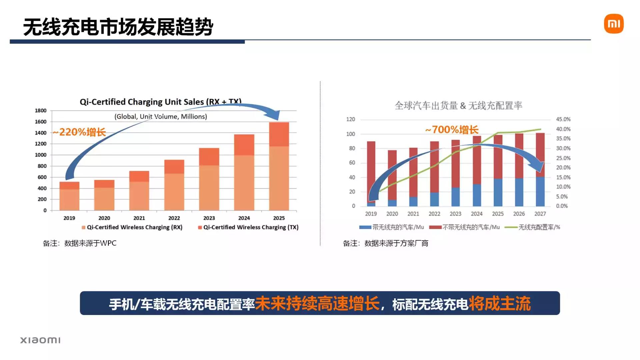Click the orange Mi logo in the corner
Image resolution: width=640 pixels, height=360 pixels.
613,24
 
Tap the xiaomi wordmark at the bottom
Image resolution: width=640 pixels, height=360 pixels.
40,340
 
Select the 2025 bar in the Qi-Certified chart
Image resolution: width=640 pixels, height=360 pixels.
279,167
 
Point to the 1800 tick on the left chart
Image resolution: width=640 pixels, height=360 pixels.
41,111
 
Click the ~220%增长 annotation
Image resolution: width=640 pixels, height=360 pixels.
79,132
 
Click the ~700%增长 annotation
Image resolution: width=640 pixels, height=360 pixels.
452,130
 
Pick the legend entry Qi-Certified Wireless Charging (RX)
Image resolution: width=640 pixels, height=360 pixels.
132,227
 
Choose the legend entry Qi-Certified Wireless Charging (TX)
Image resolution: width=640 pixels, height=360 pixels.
248,227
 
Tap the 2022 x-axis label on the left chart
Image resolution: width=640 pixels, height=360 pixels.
174,218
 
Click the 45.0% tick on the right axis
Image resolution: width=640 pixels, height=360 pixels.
563,119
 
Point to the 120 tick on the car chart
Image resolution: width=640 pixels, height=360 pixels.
351,119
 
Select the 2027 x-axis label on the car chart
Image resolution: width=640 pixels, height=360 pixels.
540,214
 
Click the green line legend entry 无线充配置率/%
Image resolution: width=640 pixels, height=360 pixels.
533,227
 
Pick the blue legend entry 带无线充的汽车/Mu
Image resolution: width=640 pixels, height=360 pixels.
392,227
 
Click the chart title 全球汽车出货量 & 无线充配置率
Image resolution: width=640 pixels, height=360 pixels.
458,106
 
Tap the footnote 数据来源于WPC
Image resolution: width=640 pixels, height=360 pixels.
80,243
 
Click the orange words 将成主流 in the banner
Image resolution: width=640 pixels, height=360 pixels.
499,304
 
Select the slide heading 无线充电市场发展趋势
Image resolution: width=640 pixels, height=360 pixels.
118,27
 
